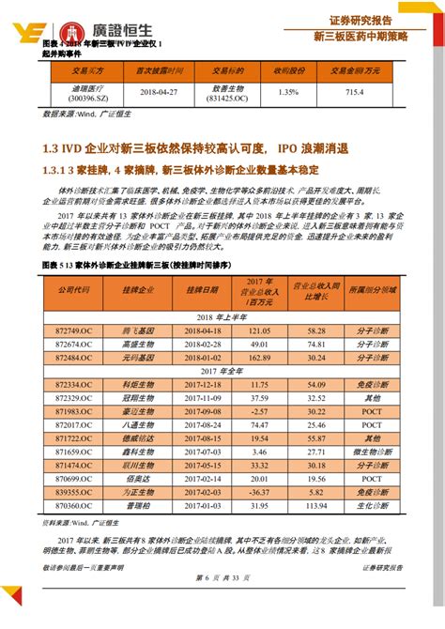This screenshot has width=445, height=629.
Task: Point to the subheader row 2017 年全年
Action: [223, 371]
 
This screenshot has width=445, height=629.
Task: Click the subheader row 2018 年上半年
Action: [223, 317]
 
